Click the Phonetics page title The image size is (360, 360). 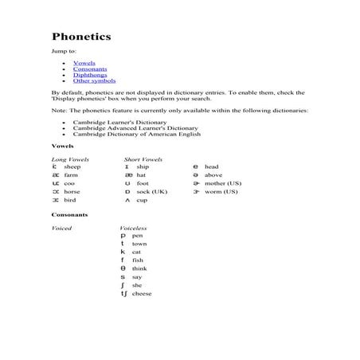tap(81, 37)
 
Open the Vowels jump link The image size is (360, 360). tap(84, 61)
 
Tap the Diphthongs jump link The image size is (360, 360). tap(88, 74)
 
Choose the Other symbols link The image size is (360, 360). tap(94, 80)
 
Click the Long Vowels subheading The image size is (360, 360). tap(70, 159)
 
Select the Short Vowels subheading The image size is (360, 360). tap(143, 159)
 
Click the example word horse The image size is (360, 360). tap(72, 192)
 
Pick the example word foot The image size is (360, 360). tap(143, 183)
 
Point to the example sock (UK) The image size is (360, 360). tap(151, 192)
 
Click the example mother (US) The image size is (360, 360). tap(221, 183)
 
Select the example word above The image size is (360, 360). tap(213, 175)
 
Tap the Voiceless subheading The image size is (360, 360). tap(133, 229)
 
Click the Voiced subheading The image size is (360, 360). tap(61, 229)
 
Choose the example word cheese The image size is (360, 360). tap(142, 294)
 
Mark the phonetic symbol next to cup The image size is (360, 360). tap(127, 200)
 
